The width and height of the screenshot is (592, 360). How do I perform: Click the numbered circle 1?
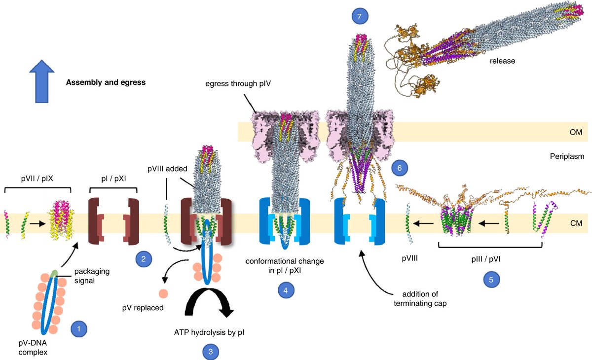click(79, 328)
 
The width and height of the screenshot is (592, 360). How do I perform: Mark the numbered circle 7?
click(360, 17)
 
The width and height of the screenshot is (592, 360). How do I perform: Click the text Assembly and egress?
click(106, 82)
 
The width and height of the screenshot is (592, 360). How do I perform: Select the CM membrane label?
click(570, 223)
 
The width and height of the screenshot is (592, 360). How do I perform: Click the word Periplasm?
click(567, 156)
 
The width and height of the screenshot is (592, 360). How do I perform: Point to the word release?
click(502, 62)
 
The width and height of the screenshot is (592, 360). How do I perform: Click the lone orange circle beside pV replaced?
click(163, 293)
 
